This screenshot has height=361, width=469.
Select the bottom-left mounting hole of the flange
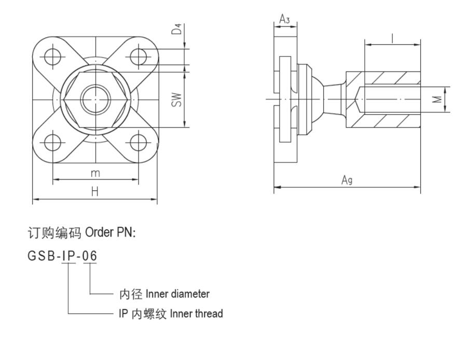[x=52, y=142]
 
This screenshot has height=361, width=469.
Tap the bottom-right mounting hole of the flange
[x=138, y=142]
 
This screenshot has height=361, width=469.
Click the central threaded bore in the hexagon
[x=95, y=99]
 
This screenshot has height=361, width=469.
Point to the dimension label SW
[x=176, y=100]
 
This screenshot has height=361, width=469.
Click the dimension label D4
[x=177, y=29]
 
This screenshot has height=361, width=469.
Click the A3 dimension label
[x=285, y=19]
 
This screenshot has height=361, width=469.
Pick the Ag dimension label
[x=347, y=179]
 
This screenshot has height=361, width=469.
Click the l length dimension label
[x=393, y=37]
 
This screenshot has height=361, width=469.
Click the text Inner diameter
[x=177, y=294]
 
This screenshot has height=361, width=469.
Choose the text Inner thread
[x=196, y=314]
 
